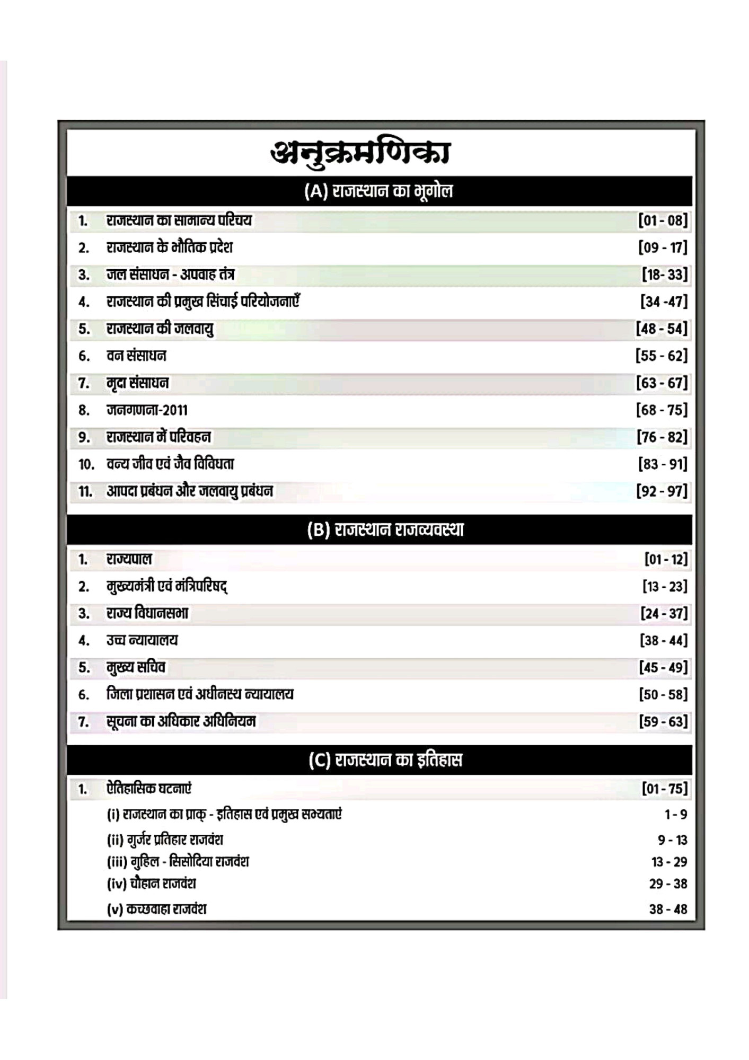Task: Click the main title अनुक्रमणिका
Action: click(360, 153)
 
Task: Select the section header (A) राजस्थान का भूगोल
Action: click(378, 191)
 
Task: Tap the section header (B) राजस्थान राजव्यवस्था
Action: click(385, 529)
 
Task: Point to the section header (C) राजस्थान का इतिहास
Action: click(385, 760)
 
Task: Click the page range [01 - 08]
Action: click(663, 220)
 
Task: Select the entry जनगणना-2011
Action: click(147, 410)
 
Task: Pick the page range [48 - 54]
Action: click(662, 329)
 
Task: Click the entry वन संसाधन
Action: click(136, 356)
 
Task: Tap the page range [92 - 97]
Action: click(662, 491)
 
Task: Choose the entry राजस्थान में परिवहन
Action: click(158, 437)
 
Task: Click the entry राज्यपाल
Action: click(129, 559)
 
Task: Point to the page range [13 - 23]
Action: click(665, 587)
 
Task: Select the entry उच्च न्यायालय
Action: click(142, 640)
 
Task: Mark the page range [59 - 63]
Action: click(663, 722)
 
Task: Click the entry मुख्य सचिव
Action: click(136, 667)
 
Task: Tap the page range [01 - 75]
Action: click(664, 789)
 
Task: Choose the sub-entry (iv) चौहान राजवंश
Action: click(152, 884)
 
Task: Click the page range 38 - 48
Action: click(668, 909)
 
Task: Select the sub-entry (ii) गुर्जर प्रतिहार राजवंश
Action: click(165, 840)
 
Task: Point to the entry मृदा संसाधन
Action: click(137, 383)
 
